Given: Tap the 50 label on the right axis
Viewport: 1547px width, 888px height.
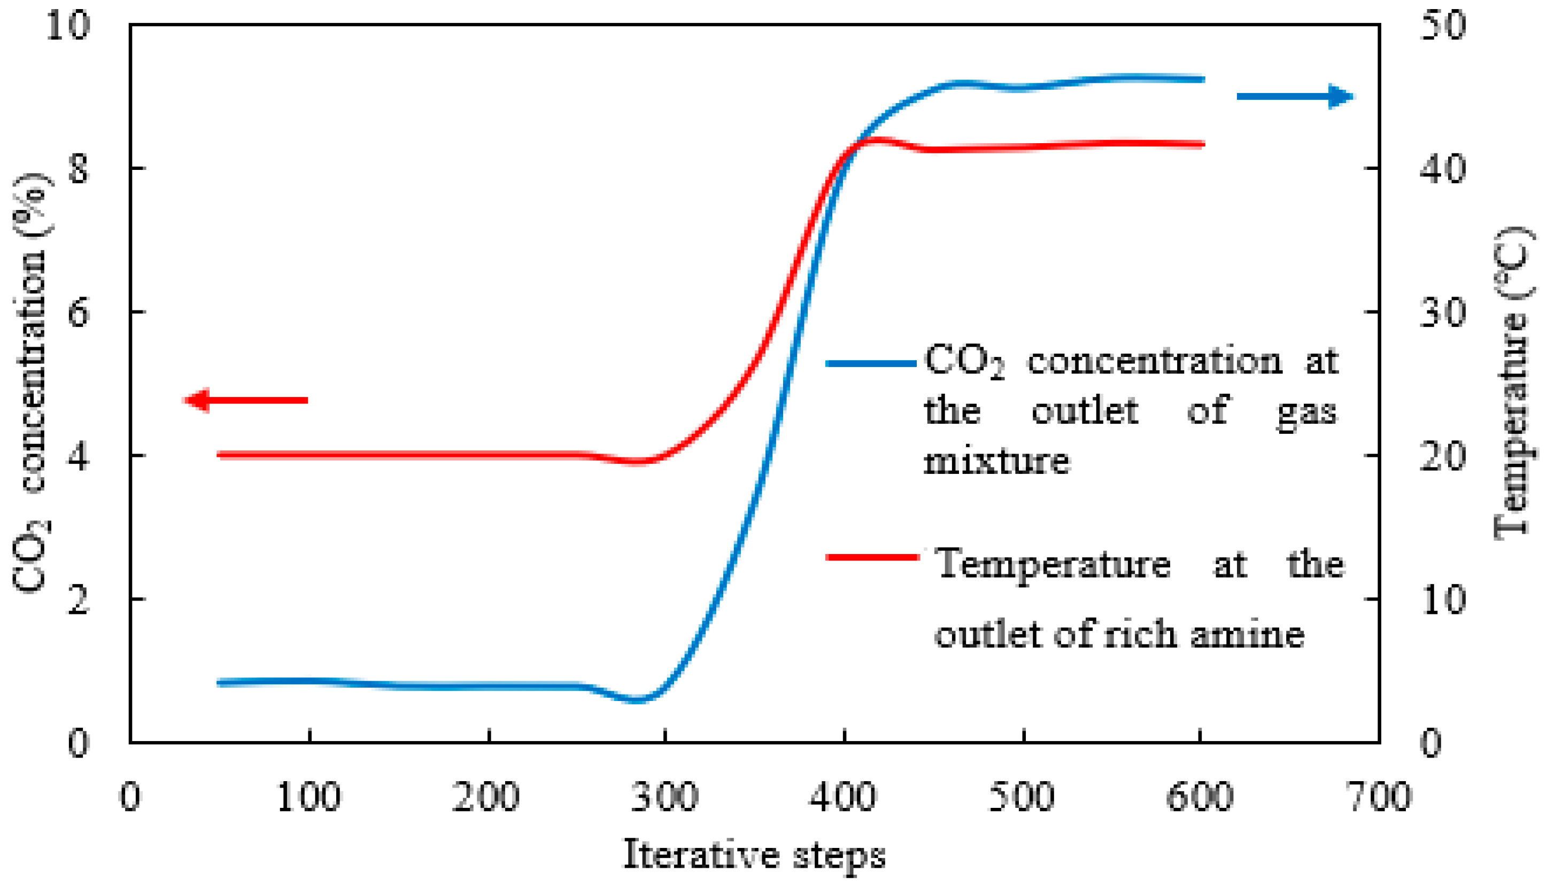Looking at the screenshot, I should coord(1442,26).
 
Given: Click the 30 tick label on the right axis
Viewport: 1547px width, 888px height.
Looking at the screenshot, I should coord(1442,312).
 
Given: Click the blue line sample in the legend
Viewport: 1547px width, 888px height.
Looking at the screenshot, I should coord(871,363).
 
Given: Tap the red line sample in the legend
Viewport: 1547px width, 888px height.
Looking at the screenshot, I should coord(872,557).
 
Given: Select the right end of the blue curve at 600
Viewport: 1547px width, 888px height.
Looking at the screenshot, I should coord(1202,79).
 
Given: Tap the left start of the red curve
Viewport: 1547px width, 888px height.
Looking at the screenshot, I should coord(220,455).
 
